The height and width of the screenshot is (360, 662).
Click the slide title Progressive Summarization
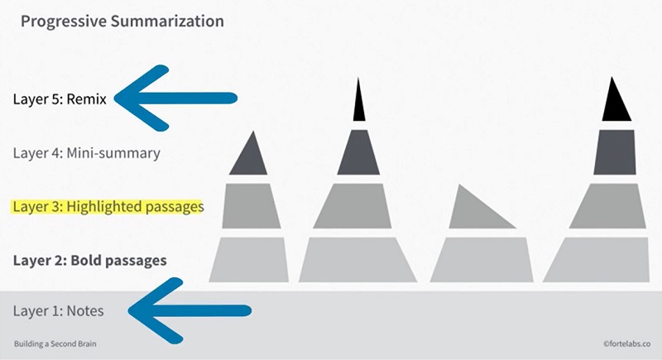[x=122, y=22]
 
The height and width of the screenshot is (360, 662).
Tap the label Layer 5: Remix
[x=60, y=99]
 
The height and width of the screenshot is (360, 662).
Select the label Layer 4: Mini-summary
[x=87, y=153]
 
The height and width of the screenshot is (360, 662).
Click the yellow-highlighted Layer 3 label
[x=108, y=207]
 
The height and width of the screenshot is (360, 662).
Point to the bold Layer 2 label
[x=90, y=261]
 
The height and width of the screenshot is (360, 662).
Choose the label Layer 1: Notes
[x=58, y=311]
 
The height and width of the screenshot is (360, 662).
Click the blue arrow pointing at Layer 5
[x=175, y=98]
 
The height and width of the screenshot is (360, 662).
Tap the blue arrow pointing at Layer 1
[x=189, y=311]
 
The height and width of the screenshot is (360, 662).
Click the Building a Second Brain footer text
[x=55, y=344]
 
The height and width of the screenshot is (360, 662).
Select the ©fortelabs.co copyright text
[x=627, y=344]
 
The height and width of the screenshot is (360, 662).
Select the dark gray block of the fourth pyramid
[x=614, y=152]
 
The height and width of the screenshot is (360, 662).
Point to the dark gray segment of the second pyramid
[x=358, y=152]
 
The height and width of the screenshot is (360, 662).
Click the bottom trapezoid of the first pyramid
[x=249, y=260]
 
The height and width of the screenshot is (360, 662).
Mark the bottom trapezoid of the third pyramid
[x=482, y=260]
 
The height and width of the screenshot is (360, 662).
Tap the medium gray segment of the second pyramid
[x=353, y=206]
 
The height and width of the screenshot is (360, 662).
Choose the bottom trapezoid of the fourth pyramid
[x=596, y=260]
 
